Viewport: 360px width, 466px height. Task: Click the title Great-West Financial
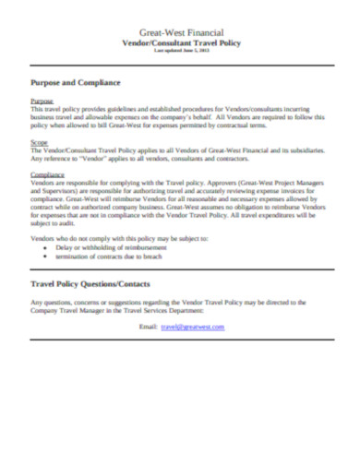(180, 32)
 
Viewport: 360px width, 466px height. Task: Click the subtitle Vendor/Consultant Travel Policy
(180, 42)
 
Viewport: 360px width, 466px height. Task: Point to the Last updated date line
(180, 51)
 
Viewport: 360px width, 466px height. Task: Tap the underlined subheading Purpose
(42, 101)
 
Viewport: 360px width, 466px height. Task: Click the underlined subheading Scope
(40, 143)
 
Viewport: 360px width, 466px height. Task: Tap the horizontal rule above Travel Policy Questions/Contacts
(180, 273)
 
